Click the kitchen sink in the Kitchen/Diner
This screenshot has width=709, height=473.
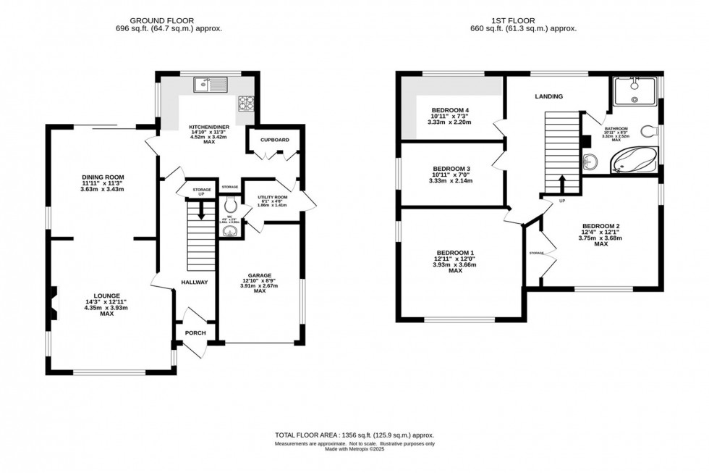pyautogui.click(x=210, y=85)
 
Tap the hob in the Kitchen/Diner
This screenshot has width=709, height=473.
pyautogui.click(x=246, y=103)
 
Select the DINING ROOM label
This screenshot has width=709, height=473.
pyautogui.click(x=103, y=177)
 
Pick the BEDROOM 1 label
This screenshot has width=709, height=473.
pyautogui.click(x=455, y=252)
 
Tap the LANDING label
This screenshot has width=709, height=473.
pyautogui.click(x=548, y=96)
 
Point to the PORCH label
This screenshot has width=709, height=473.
pyautogui.click(x=195, y=333)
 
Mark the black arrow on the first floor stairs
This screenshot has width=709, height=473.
pyautogui.click(x=561, y=180)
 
